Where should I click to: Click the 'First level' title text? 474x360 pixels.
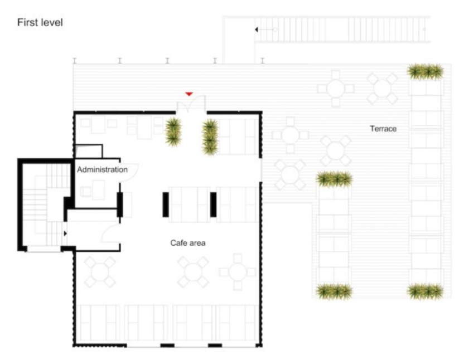tap(40, 22)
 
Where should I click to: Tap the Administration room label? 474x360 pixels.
tap(102, 169)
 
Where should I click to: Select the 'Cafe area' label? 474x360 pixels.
tap(188, 243)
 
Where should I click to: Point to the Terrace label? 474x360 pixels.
tap(383, 129)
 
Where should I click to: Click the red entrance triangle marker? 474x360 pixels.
tap(189, 94)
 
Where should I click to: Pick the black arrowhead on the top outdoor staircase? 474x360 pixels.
tap(257, 30)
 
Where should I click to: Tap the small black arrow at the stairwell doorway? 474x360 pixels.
tap(65, 233)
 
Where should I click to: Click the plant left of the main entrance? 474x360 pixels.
tap(173, 132)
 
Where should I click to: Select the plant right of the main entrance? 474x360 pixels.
tap(210, 137)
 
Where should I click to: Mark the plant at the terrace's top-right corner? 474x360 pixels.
tap(425, 71)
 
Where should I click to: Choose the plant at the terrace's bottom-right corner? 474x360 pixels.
tap(425, 291)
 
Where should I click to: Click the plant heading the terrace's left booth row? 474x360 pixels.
tap(334, 179)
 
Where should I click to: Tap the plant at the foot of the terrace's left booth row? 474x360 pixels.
tap(334, 291)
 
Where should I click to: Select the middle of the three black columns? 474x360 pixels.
tap(166, 205)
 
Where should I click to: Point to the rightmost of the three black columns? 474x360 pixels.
tap(214, 205)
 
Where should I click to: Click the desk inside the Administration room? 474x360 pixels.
tap(99, 190)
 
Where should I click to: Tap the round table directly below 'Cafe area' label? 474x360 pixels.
tap(193, 272)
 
